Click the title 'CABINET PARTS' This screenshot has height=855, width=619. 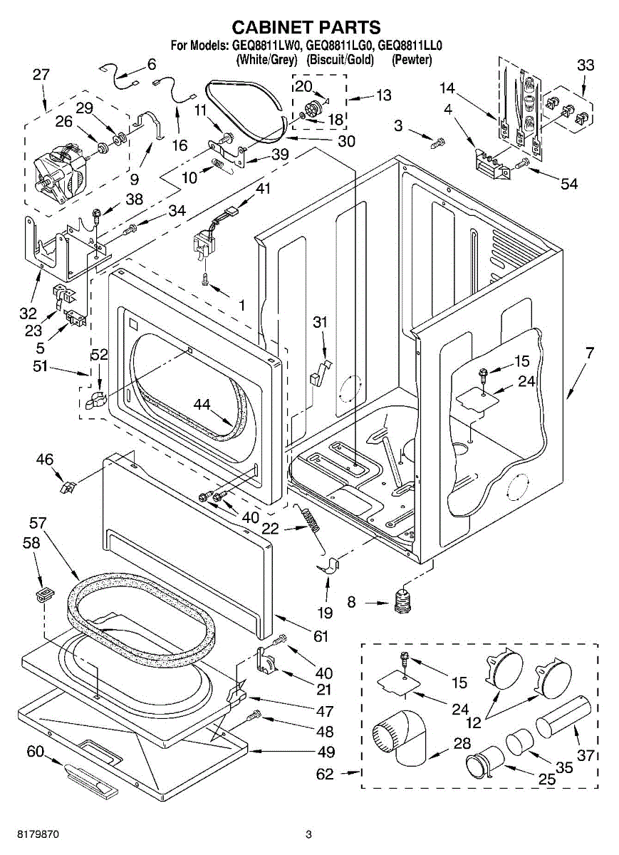[306, 27]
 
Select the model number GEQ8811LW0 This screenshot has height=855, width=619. [264, 46]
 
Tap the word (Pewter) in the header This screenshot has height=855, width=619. [412, 60]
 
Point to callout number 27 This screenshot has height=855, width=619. [41, 74]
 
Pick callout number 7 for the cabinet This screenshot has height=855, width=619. [589, 353]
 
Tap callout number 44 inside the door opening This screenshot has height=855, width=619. [202, 404]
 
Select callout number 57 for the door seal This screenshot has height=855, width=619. [38, 523]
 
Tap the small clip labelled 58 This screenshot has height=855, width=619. [46, 594]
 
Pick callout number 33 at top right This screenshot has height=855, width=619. [586, 66]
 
